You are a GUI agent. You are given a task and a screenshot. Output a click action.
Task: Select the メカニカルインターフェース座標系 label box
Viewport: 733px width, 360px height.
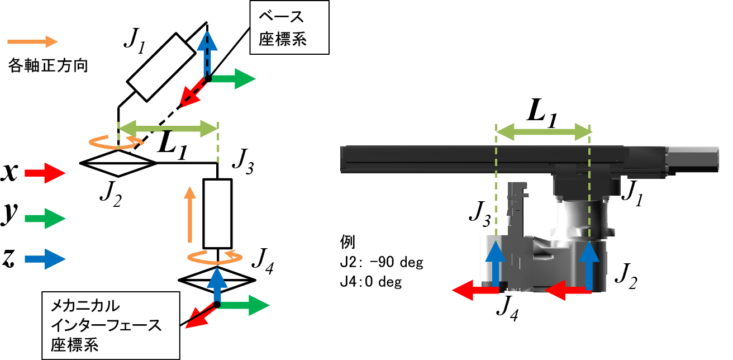click(x=111, y=324)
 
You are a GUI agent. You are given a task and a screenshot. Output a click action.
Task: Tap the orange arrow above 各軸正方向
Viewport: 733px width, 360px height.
click(x=32, y=41)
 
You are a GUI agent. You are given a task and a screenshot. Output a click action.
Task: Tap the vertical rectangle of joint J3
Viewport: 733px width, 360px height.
click(x=217, y=214)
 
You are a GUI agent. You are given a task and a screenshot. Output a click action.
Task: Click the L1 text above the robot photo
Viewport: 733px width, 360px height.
click(x=542, y=116)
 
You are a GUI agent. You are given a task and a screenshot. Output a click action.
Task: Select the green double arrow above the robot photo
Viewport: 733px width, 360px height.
click(x=543, y=132)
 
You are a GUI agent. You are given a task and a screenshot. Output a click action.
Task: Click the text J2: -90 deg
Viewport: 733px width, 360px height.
click(x=382, y=263)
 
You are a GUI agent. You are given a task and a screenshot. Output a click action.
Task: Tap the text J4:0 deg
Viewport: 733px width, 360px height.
click(x=371, y=282)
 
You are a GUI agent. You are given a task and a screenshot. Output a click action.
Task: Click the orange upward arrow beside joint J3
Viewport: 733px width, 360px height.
click(x=191, y=215)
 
